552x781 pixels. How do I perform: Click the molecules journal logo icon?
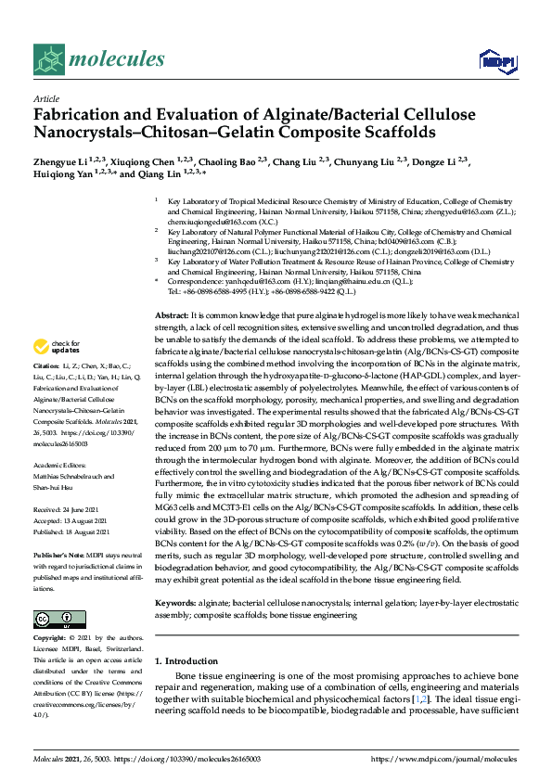point(47,61)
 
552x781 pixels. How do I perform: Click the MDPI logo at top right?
point(496,61)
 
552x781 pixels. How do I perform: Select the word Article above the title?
point(45,98)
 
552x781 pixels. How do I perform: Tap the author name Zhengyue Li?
point(62,161)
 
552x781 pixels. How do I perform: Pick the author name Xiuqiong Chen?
point(148,161)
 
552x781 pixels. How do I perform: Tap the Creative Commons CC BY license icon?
point(53,619)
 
